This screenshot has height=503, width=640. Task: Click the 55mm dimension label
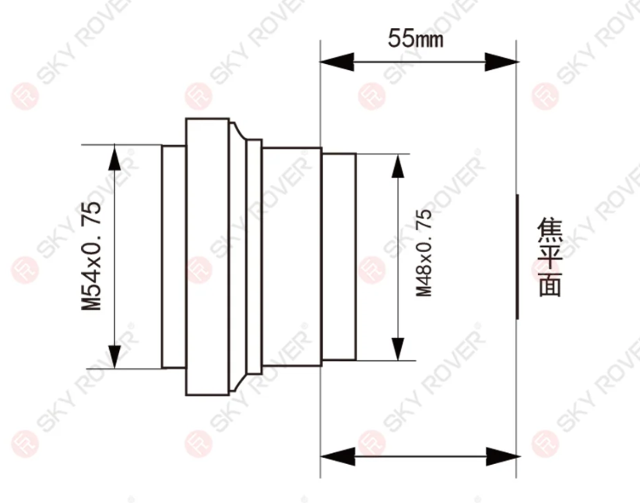[415, 38]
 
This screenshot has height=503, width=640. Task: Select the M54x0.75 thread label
[91, 256]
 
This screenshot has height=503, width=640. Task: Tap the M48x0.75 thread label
[424, 253]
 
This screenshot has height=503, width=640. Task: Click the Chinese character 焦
[550, 230]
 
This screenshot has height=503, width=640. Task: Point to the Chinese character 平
[550, 257]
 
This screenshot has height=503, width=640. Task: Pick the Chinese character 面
[550, 284]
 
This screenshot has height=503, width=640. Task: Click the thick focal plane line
[517, 257]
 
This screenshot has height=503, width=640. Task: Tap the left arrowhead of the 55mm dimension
[336, 62]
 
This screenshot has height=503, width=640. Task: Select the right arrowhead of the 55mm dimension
[501, 62]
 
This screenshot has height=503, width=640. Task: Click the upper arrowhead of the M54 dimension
[114, 157]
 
